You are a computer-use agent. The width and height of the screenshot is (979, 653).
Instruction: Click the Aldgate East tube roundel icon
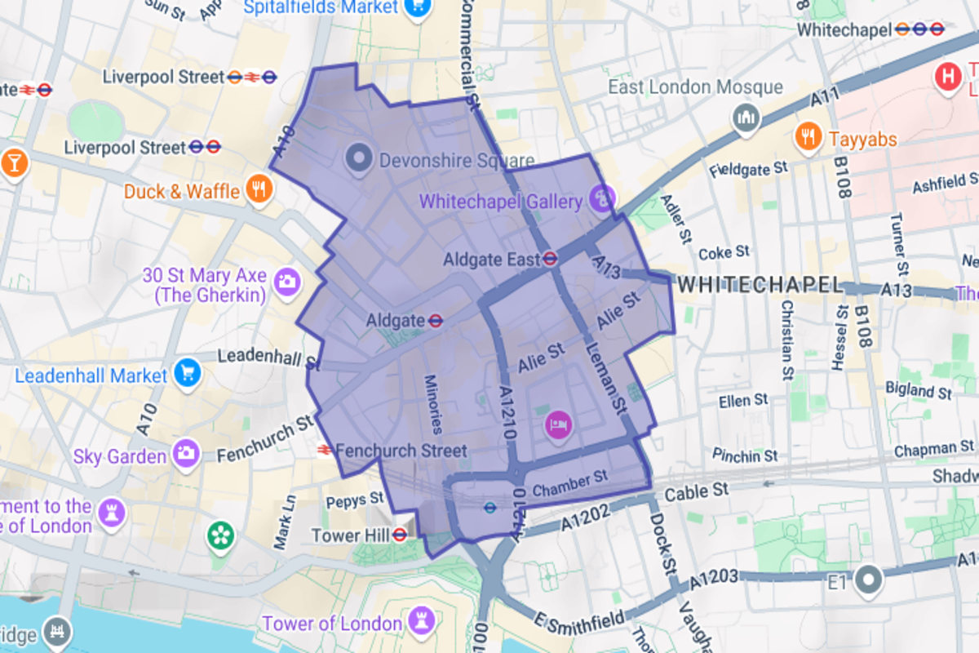pos(551,260)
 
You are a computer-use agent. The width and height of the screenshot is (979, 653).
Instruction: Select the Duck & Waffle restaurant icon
pos(259,190)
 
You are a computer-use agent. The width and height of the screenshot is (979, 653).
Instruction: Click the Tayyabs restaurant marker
pos(808,137)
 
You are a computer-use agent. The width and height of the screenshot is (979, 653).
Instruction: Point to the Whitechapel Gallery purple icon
pos(602,199)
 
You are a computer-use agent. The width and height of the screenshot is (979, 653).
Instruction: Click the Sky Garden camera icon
pos(186,454)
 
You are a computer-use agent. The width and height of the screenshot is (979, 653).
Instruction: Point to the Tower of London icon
pos(421,620)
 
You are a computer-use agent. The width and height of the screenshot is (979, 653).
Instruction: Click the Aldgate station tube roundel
pos(436,320)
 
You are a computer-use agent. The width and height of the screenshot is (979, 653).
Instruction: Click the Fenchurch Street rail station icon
pos(324,450)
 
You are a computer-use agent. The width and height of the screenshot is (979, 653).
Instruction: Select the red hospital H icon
pos(949,77)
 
